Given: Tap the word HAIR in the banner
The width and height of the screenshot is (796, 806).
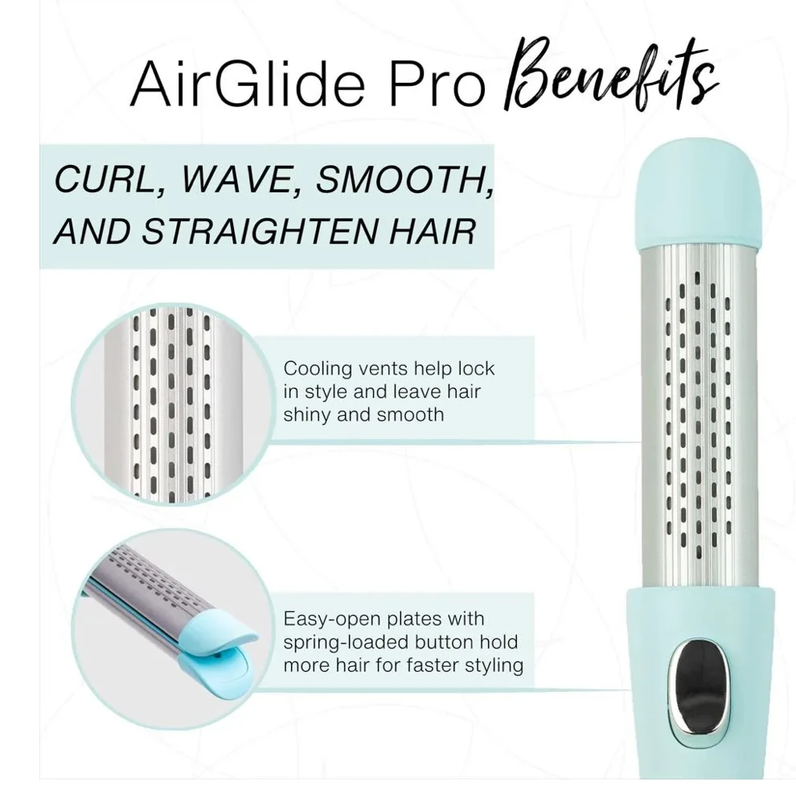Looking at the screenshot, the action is click(433, 232).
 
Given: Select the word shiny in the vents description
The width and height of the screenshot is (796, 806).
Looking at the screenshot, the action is click(307, 415).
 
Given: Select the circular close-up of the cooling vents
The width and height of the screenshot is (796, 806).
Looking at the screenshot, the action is click(172, 404).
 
